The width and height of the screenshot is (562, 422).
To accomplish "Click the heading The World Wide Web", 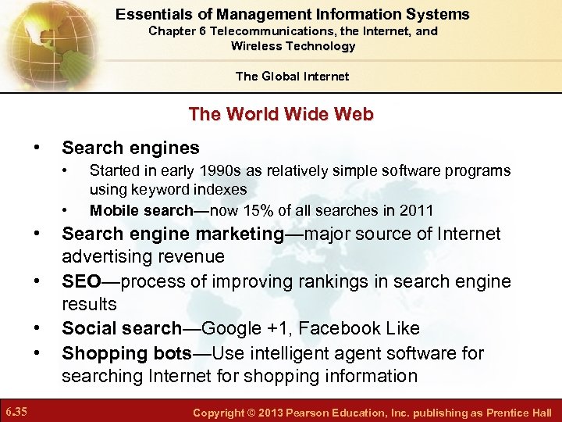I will coord(281,114).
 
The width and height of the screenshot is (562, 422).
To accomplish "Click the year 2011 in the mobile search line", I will coord(418,210).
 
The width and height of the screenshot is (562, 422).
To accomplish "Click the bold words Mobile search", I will coord(141,210).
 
